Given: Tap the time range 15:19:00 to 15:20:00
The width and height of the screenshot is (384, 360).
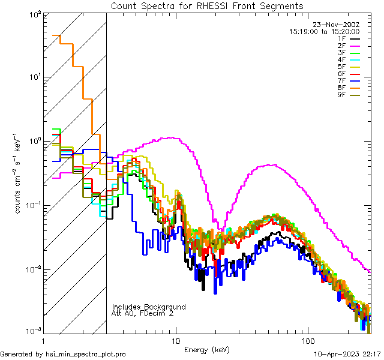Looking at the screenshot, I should point(324,31).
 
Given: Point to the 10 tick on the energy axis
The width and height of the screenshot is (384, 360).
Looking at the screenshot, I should point(176,341).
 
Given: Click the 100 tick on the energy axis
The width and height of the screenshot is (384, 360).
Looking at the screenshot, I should point(308,341).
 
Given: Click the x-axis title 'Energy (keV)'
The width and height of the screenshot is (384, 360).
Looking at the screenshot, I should point(207,349).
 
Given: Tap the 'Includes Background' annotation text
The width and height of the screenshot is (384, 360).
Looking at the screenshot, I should point(149,307).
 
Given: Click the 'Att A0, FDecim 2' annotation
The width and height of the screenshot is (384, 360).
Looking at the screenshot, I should point(143,313).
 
